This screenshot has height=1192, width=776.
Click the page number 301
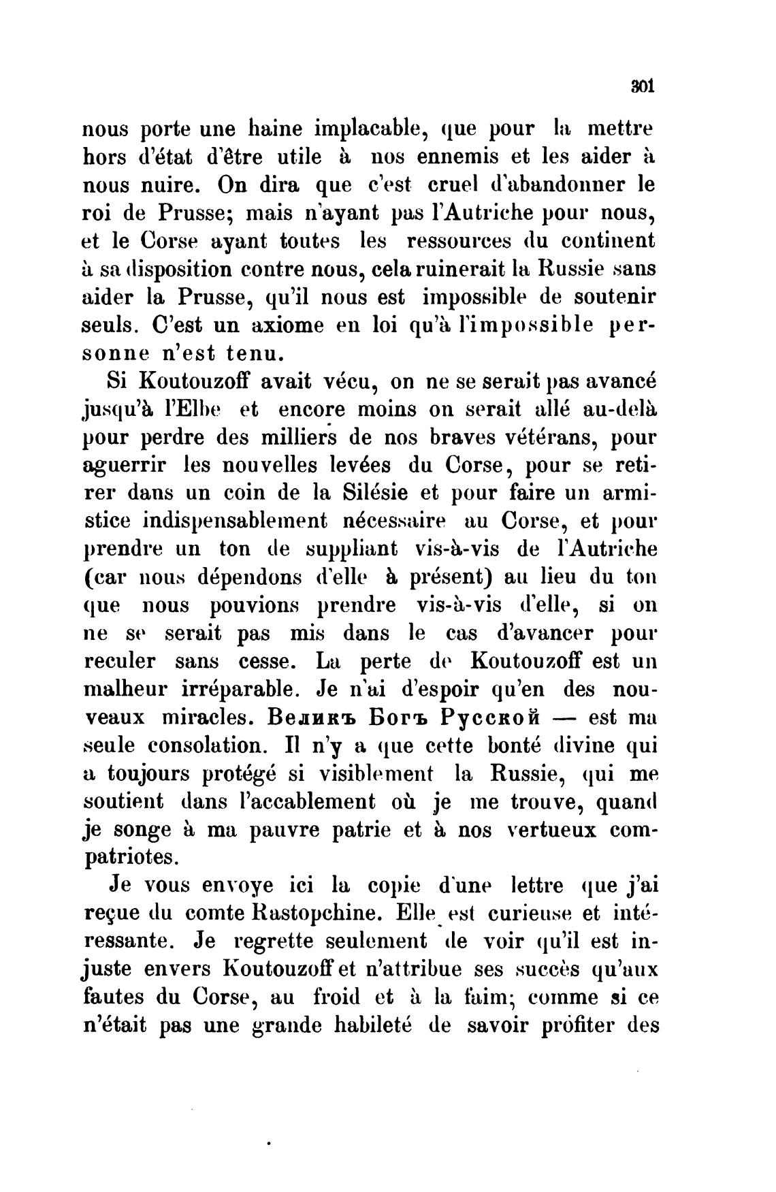click(642, 87)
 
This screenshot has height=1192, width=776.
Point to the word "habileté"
click(375, 1025)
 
